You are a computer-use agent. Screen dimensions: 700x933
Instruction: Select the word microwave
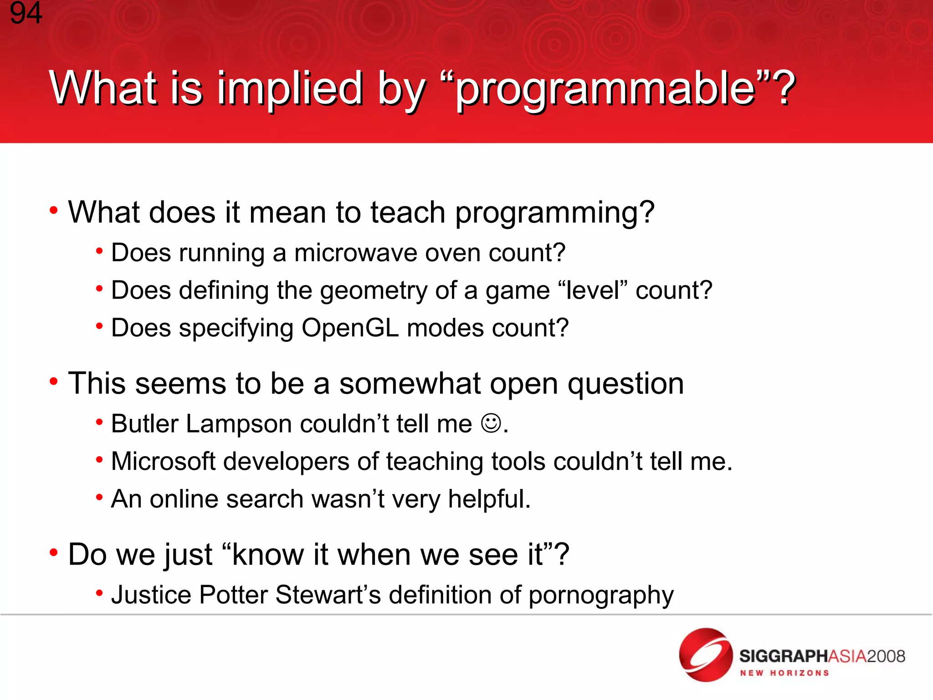pos(355,253)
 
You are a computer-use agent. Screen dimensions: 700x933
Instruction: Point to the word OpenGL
pos(350,328)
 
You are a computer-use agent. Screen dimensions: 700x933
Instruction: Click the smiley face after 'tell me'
pos(491,423)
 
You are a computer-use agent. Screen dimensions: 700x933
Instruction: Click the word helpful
pos(488,499)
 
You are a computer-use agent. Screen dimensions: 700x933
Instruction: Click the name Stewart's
pos(328,595)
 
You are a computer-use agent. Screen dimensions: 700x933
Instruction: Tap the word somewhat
pos(410,384)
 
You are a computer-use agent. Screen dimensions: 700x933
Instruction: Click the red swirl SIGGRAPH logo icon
pos(705,654)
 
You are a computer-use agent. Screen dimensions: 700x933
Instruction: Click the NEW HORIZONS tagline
pos(784,673)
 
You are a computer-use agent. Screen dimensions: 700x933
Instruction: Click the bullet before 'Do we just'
pos(54,553)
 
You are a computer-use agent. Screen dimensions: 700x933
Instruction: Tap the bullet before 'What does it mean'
pos(54,211)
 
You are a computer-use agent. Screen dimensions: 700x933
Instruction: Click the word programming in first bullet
pos(554,213)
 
